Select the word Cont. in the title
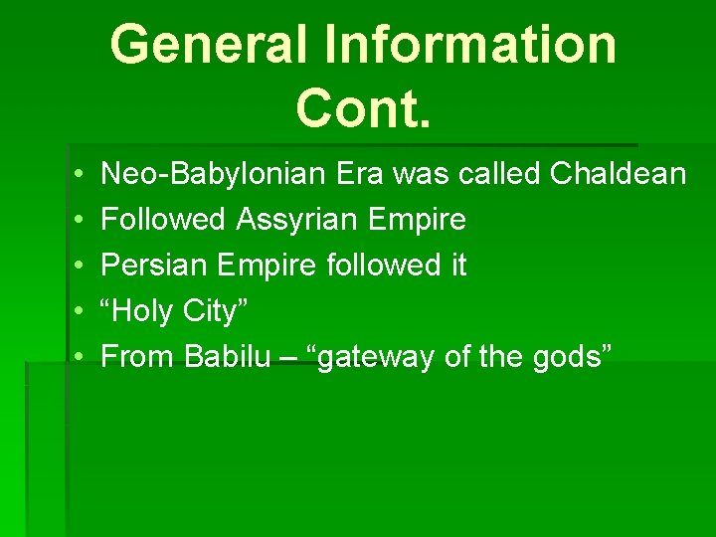tap(364, 106)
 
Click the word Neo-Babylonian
tap(214, 175)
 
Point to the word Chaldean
tap(618, 175)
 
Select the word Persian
tap(156, 266)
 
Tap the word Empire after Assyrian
tap(419, 220)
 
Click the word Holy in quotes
tap(142, 311)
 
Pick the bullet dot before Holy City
tap(78, 311)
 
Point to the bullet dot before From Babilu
tap(78, 357)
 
